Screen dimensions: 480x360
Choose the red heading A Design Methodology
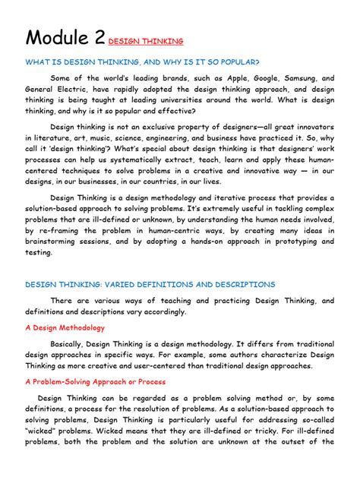pyautogui.click(x=65, y=327)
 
